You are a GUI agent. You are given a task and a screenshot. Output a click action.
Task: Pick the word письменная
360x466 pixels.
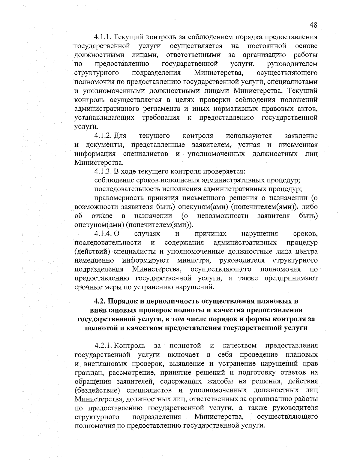coord(298,145)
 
